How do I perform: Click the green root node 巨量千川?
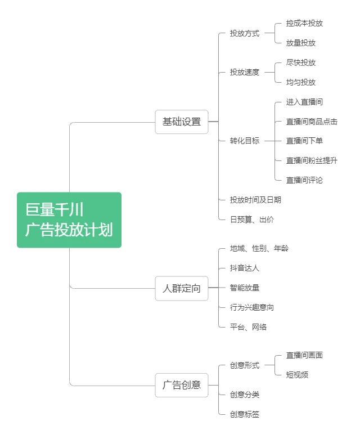click(x=69, y=220)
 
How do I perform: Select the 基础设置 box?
click(x=181, y=122)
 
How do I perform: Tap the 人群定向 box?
click(x=181, y=289)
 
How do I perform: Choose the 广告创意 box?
click(x=181, y=385)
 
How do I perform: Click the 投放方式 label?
click(x=244, y=33)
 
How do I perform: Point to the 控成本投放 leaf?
click(x=304, y=23)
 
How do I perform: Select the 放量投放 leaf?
click(x=300, y=43)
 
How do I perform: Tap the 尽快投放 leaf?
click(x=300, y=62)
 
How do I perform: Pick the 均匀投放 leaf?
click(x=300, y=82)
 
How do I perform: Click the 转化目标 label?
click(x=244, y=141)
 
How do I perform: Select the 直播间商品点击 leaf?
click(x=311, y=122)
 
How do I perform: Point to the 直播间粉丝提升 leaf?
click(x=311, y=160)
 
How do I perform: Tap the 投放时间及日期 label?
click(x=255, y=200)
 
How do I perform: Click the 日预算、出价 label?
click(x=251, y=219)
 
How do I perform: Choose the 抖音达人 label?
click(x=244, y=268)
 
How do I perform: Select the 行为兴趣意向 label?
click(x=251, y=307)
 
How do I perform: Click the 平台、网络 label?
click(x=247, y=327)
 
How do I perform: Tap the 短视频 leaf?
click(x=297, y=375)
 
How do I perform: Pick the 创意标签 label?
click(x=244, y=414)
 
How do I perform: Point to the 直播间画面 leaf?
click(x=304, y=355)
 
